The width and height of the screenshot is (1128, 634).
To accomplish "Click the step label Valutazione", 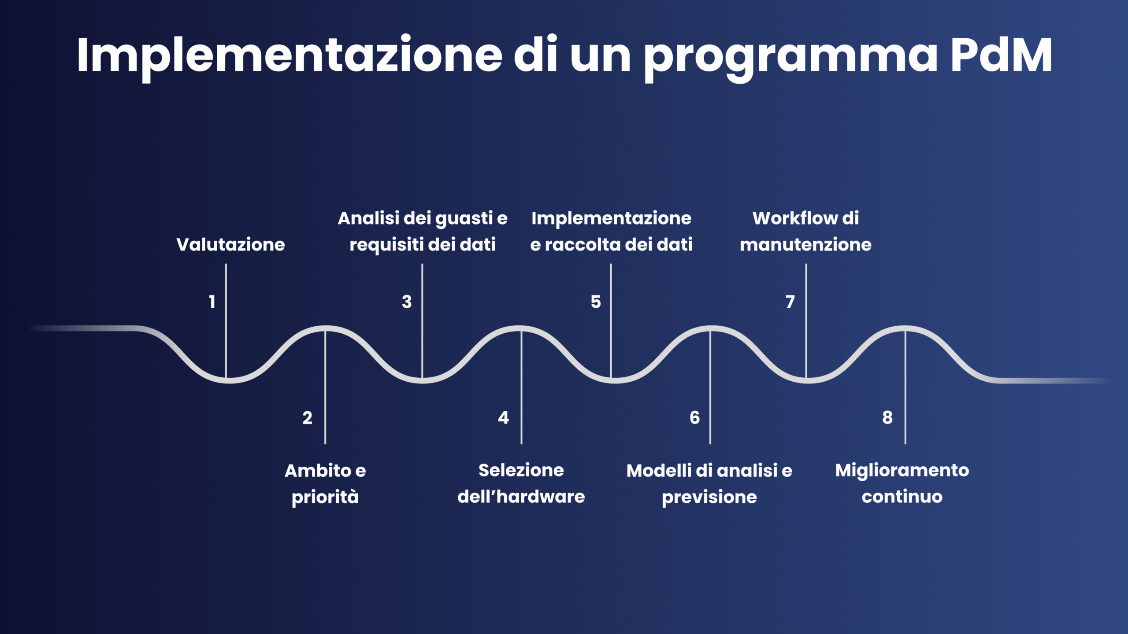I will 230,244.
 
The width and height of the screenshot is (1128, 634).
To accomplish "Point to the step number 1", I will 212,302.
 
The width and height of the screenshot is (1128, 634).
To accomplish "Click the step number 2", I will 307,418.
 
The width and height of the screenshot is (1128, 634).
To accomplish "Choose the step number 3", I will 406,302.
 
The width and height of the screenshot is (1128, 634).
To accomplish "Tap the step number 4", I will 503,418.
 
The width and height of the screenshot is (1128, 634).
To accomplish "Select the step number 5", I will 595,302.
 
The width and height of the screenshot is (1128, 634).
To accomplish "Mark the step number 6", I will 694,418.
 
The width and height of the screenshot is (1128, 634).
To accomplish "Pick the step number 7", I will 790,302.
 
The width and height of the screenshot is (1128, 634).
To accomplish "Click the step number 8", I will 887,418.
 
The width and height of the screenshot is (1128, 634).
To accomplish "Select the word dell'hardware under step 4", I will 521,497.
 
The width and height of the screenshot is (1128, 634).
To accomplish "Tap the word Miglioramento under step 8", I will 902,470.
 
